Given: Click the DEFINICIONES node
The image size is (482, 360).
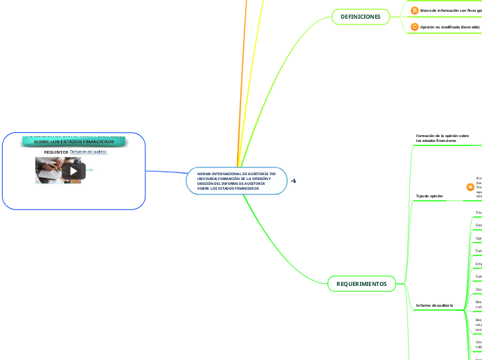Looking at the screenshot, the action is (360, 16).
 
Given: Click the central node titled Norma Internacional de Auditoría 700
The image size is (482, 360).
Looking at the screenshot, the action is (236, 181).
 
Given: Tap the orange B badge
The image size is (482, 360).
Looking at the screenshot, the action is (414, 10).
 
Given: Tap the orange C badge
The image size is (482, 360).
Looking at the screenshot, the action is (414, 27).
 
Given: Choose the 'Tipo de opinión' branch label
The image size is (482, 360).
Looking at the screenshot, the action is (429, 196).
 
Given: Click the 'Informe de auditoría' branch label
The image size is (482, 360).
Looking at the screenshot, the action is (434, 305).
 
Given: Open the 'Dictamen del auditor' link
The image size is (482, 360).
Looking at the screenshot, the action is (89, 152).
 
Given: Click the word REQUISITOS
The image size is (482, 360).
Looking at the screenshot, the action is (56, 152).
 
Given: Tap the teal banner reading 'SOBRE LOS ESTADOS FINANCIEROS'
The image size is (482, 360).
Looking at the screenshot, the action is (74, 142).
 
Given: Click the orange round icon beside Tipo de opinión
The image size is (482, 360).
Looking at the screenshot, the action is (470, 187).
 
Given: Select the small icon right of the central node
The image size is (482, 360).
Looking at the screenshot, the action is (294, 181).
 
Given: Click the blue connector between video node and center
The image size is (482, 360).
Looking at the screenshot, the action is (166, 172).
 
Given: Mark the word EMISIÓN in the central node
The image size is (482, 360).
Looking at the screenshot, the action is (207, 183).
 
